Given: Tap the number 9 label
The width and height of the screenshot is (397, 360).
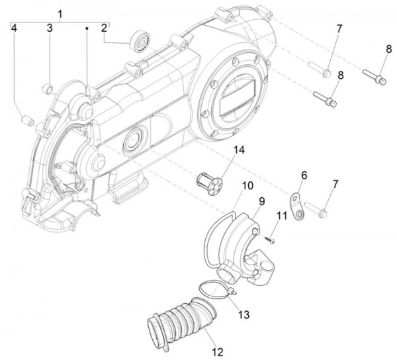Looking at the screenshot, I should click(261, 199).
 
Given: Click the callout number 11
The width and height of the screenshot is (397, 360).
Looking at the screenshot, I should click(282, 215).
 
